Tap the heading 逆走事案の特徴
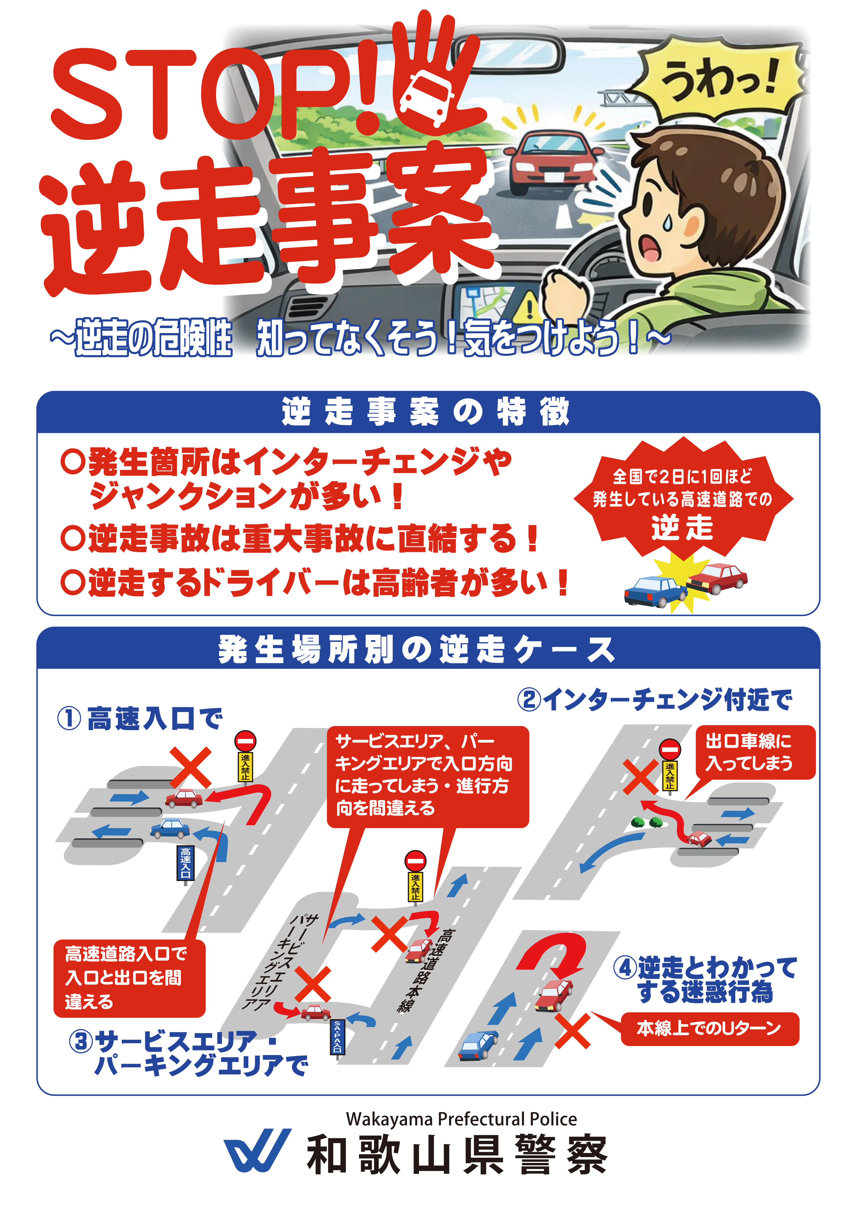[x=427, y=412]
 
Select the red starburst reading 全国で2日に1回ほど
[x=682, y=499]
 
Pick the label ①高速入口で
[x=140, y=719]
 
